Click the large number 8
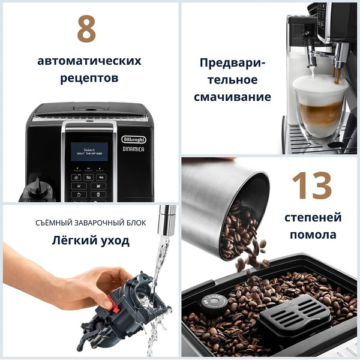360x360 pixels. coord(87,29)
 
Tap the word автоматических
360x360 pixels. coord(89,61)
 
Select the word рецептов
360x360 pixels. coord(89,79)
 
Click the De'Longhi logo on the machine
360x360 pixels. coord(134,139)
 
